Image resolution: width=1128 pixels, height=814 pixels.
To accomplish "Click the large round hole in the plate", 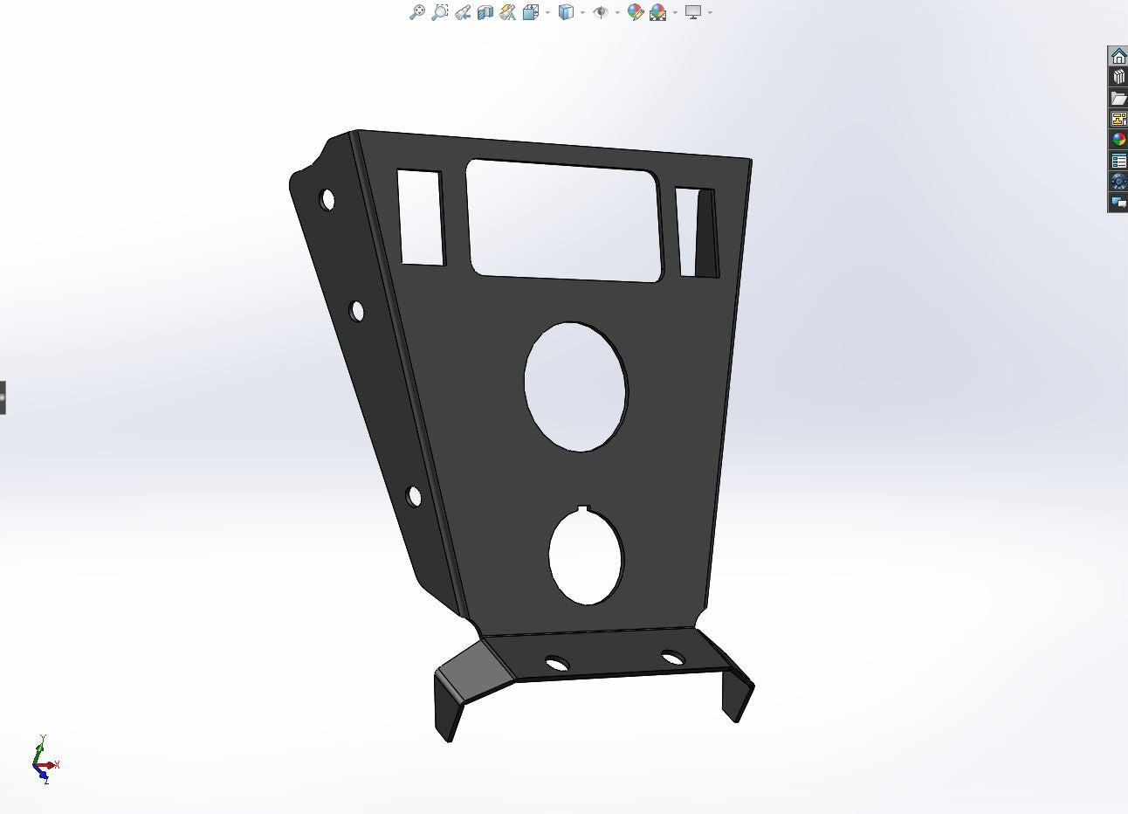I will tap(575, 387).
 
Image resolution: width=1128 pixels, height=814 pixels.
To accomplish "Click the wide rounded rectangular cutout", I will tap(564, 220).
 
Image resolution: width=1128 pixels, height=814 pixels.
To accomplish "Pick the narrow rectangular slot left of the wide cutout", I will tap(420, 217).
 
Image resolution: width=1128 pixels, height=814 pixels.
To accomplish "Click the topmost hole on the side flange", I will tap(327, 200).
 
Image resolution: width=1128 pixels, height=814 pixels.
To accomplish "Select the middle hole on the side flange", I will tap(356, 311).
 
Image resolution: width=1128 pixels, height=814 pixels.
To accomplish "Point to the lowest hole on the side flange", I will tap(414, 497).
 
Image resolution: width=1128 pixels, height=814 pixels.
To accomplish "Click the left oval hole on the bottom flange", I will tap(556, 664).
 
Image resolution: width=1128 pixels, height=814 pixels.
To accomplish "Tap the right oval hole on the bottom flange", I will tap(672, 657).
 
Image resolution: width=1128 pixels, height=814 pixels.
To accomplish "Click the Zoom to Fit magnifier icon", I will tap(417, 12).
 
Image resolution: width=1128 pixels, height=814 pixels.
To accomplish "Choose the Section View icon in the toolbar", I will tap(485, 12).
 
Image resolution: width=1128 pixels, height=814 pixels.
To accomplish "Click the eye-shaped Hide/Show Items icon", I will tap(601, 12).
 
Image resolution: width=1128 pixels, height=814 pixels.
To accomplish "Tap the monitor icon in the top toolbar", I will tap(693, 12).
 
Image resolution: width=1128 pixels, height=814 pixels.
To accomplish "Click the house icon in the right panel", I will tap(1118, 57).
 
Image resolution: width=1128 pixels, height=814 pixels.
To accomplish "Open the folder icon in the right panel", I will tap(1118, 98).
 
